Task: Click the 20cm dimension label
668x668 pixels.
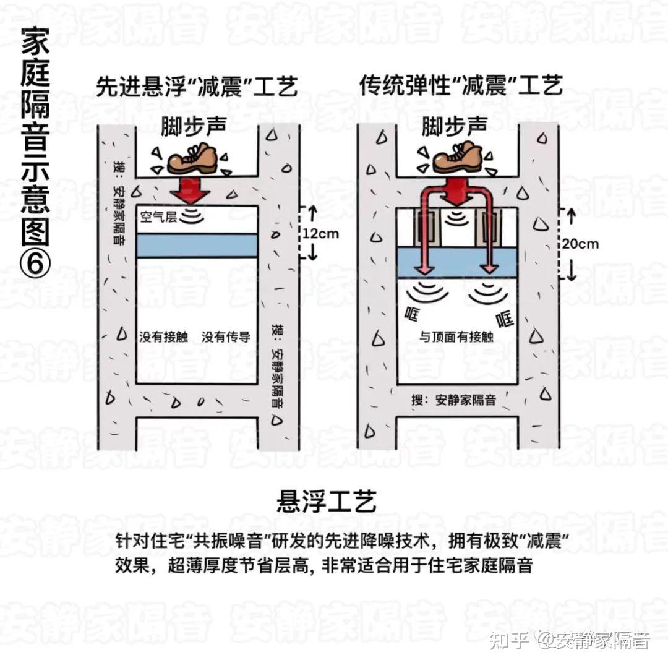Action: point(580,244)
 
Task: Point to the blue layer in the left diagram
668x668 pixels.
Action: point(197,245)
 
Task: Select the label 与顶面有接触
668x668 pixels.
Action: point(456,337)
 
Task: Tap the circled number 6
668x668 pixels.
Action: point(35,263)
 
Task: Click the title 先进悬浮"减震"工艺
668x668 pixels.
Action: point(197,87)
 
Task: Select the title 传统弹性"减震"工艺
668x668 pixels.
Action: point(461,86)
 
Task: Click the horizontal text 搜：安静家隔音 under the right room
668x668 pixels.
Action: point(453,400)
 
